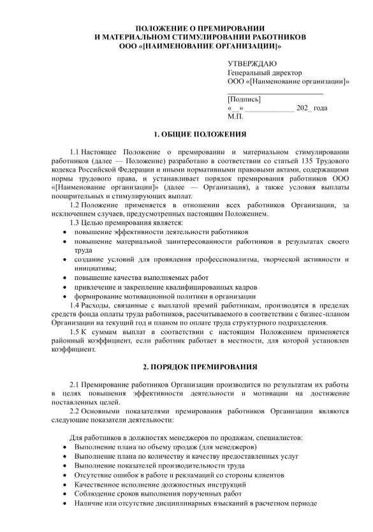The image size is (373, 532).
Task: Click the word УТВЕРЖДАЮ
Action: pos(252,64)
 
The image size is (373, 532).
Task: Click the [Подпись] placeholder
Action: pos(244,99)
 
